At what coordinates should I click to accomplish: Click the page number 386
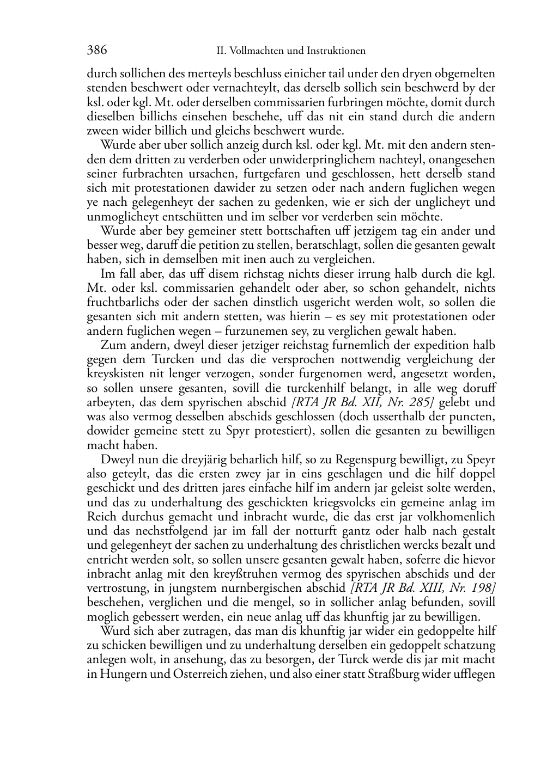[x=96, y=51]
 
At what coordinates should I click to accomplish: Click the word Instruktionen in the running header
[x=336, y=51]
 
